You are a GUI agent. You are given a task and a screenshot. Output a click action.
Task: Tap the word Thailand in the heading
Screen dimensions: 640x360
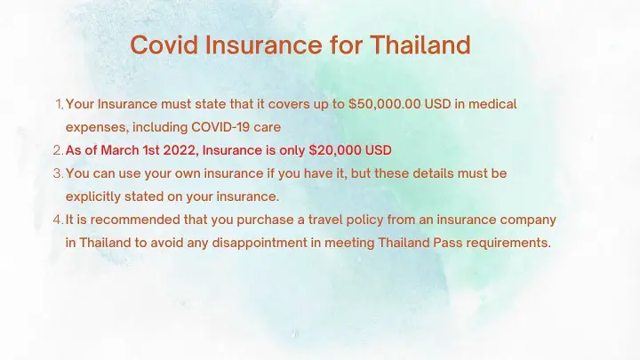[x=420, y=44]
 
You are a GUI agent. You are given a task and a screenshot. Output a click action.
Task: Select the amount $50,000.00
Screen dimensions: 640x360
[x=385, y=104]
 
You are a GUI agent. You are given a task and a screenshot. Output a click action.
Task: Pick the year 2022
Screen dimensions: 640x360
[x=180, y=150]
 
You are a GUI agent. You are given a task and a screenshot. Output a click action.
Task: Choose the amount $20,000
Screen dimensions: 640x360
[x=335, y=150]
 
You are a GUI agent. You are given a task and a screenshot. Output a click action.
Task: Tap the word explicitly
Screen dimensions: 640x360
[x=93, y=197]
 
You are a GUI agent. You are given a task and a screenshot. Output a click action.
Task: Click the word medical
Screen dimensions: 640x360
[x=492, y=104]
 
